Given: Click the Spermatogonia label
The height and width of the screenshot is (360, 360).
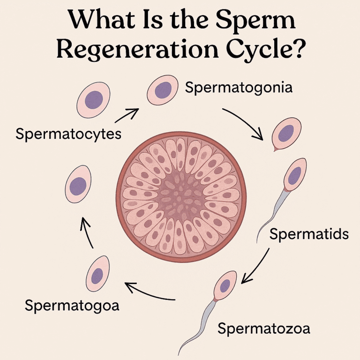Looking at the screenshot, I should click(239, 88).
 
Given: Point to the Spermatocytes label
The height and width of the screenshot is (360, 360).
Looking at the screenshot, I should click(68, 134).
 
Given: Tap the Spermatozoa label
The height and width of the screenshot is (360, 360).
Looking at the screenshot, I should click(263, 328).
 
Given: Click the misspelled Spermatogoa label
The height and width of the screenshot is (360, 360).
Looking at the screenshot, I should click(72, 306).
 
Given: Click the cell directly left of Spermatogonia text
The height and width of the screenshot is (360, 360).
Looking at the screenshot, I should click(163, 90).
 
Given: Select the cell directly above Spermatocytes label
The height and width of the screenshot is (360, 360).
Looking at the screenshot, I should click(94, 99).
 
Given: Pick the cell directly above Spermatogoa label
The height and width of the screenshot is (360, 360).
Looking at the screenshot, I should click(97, 274).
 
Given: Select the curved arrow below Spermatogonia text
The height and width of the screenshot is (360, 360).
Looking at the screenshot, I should click(244, 123).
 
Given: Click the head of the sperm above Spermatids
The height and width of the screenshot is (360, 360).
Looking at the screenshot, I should click(294, 176).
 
